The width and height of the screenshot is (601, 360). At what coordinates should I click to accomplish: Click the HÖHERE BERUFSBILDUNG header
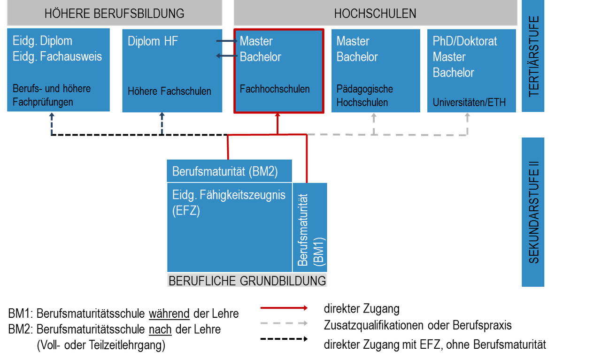tap(114, 14)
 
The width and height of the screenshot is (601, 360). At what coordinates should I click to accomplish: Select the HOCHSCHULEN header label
tap(375, 14)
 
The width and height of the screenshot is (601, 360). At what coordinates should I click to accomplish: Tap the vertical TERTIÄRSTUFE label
tap(534, 56)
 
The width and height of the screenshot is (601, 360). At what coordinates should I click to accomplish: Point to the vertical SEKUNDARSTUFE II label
tap(534, 212)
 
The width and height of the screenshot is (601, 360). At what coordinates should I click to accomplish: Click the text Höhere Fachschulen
tap(170, 91)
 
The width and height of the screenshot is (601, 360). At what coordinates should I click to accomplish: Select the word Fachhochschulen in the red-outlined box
tap(275, 89)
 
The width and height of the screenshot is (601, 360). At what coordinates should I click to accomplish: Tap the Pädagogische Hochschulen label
tap(364, 95)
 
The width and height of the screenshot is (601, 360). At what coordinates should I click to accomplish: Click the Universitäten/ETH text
tap(469, 102)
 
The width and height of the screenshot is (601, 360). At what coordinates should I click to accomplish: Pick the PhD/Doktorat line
tap(465, 41)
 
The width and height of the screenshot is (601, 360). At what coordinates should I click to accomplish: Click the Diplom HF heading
tap(153, 41)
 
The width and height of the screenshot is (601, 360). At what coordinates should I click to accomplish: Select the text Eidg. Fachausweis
tap(57, 57)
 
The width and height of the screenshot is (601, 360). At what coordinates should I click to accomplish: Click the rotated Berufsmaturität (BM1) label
tap(310, 230)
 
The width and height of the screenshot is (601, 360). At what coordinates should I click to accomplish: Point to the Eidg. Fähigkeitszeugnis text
tap(229, 195)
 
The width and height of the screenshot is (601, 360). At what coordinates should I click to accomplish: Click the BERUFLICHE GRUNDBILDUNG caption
tap(247, 281)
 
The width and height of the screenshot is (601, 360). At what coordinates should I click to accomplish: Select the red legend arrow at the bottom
tap(284, 308)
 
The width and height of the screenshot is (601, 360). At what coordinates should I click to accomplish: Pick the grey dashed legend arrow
tap(284, 323)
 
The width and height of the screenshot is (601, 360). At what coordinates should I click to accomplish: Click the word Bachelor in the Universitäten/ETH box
tap(453, 73)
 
